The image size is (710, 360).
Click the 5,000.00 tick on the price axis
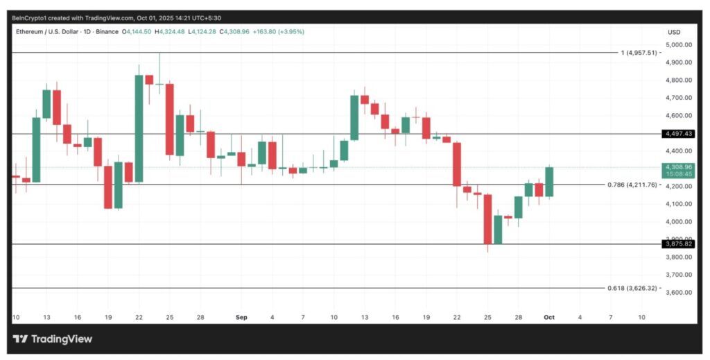[677, 45]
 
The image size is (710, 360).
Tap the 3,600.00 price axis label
[677, 292]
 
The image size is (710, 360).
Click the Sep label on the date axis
[241, 317]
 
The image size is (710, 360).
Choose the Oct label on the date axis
[549, 317]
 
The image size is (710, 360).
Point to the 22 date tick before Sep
[139, 317]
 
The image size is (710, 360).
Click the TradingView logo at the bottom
[53, 339]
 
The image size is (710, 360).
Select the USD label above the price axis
[673, 32]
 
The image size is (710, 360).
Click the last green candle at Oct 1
[549, 182]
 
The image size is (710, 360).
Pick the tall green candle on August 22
[139, 128]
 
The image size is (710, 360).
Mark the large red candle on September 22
[457, 164]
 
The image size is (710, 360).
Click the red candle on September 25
[487, 219]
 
